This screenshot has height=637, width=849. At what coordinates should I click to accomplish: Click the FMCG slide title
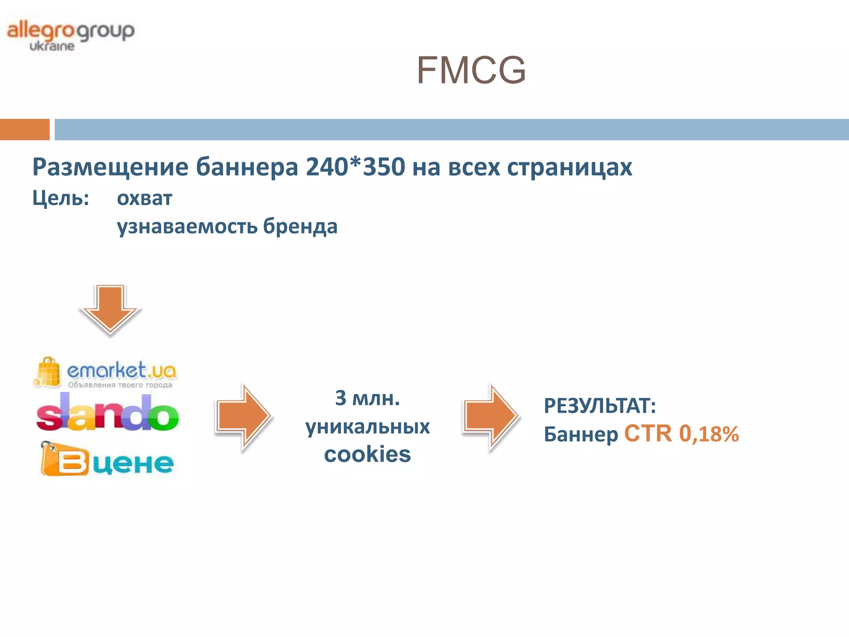click(471, 71)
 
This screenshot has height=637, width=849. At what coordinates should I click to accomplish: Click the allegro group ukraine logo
click(70, 36)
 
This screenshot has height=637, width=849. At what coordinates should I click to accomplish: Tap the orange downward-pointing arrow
click(110, 309)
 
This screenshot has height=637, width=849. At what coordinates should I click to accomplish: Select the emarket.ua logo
click(106, 372)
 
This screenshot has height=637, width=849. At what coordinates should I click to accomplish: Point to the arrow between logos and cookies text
click(243, 416)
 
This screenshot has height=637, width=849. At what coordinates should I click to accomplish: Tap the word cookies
click(367, 455)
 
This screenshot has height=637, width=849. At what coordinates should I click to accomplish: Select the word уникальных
click(367, 426)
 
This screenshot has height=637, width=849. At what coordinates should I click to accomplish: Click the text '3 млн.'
click(367, 398)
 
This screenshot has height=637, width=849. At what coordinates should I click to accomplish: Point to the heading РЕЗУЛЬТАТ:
click(600, 406)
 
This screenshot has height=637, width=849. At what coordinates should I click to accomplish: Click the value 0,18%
click(709, 434)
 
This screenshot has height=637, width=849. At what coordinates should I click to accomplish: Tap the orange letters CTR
click(648, 434)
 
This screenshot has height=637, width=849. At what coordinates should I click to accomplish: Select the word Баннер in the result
click(581, 435)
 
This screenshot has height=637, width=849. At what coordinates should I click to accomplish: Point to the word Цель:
click(61, 198)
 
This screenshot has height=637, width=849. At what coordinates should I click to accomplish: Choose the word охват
click(144, 198)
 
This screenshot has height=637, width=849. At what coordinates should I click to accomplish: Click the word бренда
click(300, 226)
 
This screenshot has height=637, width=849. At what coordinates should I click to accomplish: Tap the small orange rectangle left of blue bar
click(24, 129)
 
